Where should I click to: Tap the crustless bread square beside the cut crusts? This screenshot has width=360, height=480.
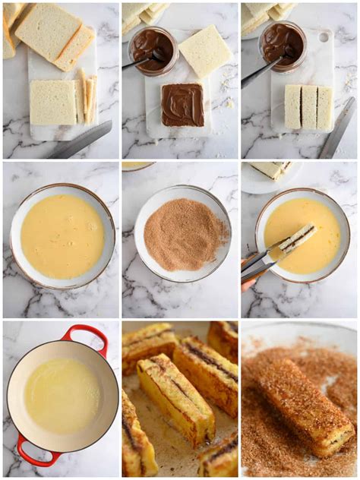(52, 102)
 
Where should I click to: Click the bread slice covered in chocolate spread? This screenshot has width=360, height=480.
(182, 105)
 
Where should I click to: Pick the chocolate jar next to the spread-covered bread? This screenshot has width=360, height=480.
(153, 50)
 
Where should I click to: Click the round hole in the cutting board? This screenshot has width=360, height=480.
(324, 36)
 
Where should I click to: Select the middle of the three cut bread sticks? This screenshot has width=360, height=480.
(308, 106)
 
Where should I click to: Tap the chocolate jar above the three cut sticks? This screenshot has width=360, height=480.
(283, 45)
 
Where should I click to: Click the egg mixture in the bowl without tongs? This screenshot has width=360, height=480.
(62, 236)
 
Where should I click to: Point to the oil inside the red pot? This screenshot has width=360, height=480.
(62, 396)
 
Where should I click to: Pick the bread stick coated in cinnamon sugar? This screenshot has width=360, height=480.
(304, 410)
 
